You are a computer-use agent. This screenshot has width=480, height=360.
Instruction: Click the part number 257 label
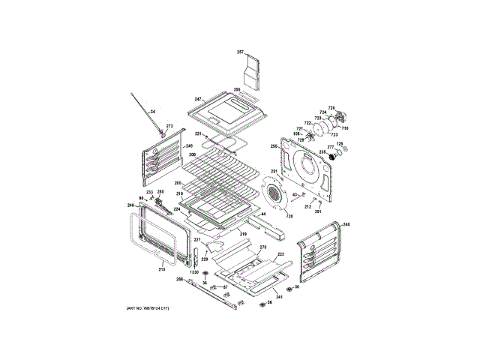pyautogui.click(x=241, y=52)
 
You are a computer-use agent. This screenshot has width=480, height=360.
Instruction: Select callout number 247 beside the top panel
pyautogui.click(x=198, y=99)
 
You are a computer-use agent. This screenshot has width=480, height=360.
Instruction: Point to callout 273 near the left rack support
pyautogui.click(x=169, y=126)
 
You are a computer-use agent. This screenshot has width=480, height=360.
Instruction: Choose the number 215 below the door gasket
pyautogui.click(x=162, y=268)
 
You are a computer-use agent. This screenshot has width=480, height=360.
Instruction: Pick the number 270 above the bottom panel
pyautogui.click(x=263, y=247)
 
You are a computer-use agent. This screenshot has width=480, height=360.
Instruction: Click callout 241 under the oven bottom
pyautogui.click(x=278, y=298)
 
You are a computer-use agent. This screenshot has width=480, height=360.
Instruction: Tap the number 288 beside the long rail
pyautogui.click(x=180, y=280)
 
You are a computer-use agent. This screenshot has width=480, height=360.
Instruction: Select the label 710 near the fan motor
pyautogui.click(x=346, y=128)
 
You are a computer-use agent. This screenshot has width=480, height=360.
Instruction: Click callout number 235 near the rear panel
pyautogui.click(x=322, y=151)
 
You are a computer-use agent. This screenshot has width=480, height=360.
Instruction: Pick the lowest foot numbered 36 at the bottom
pyautogui.click(x=262, y=303)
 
